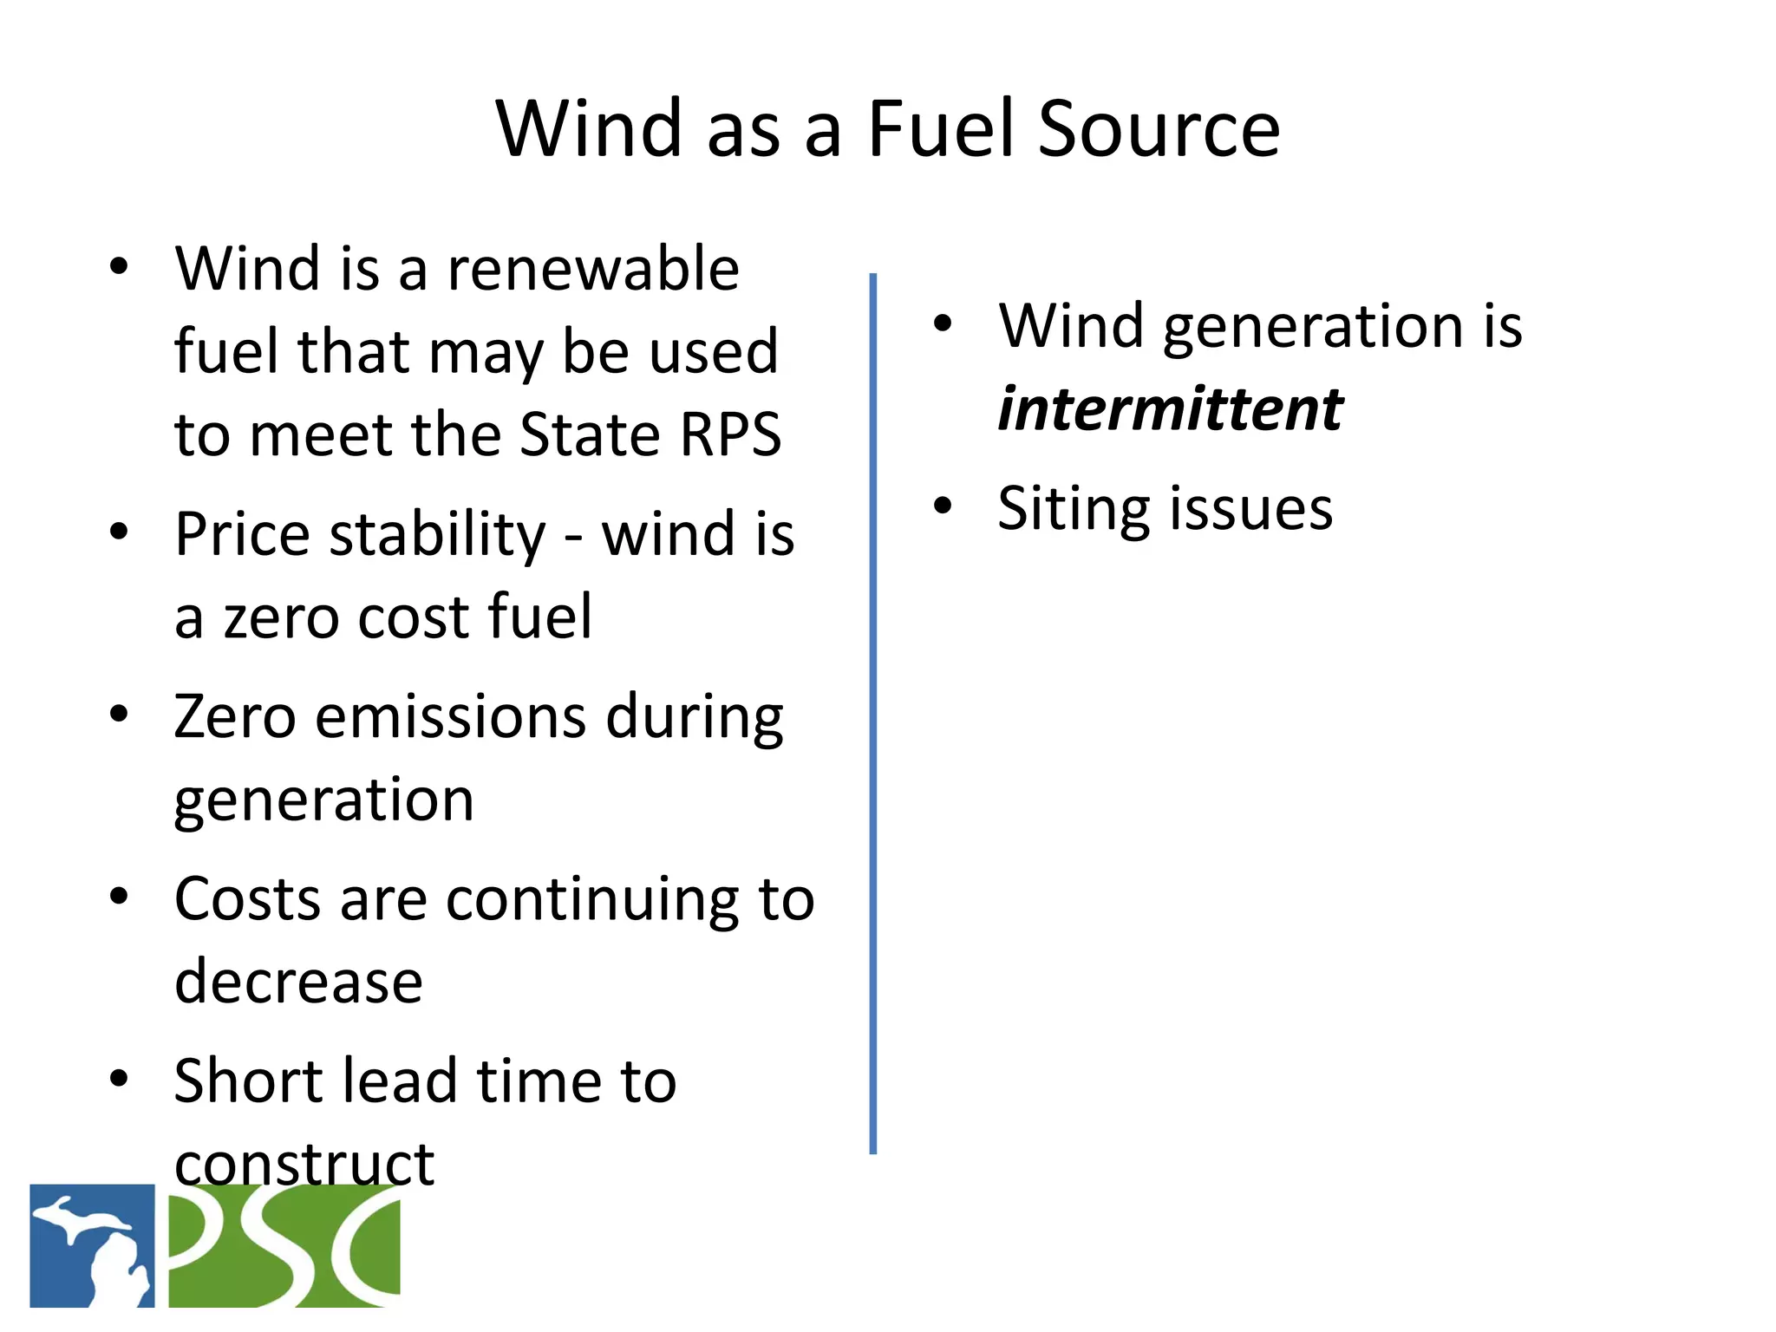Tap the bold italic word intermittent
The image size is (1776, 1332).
1170,408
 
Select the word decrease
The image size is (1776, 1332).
298,982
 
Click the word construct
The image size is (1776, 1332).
304,1164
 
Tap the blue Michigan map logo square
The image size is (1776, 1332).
92,1245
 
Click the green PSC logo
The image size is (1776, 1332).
284,1245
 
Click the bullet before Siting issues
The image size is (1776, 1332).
943,505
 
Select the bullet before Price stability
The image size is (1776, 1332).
119,531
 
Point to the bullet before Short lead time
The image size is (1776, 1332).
119,1078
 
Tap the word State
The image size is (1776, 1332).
591,434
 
